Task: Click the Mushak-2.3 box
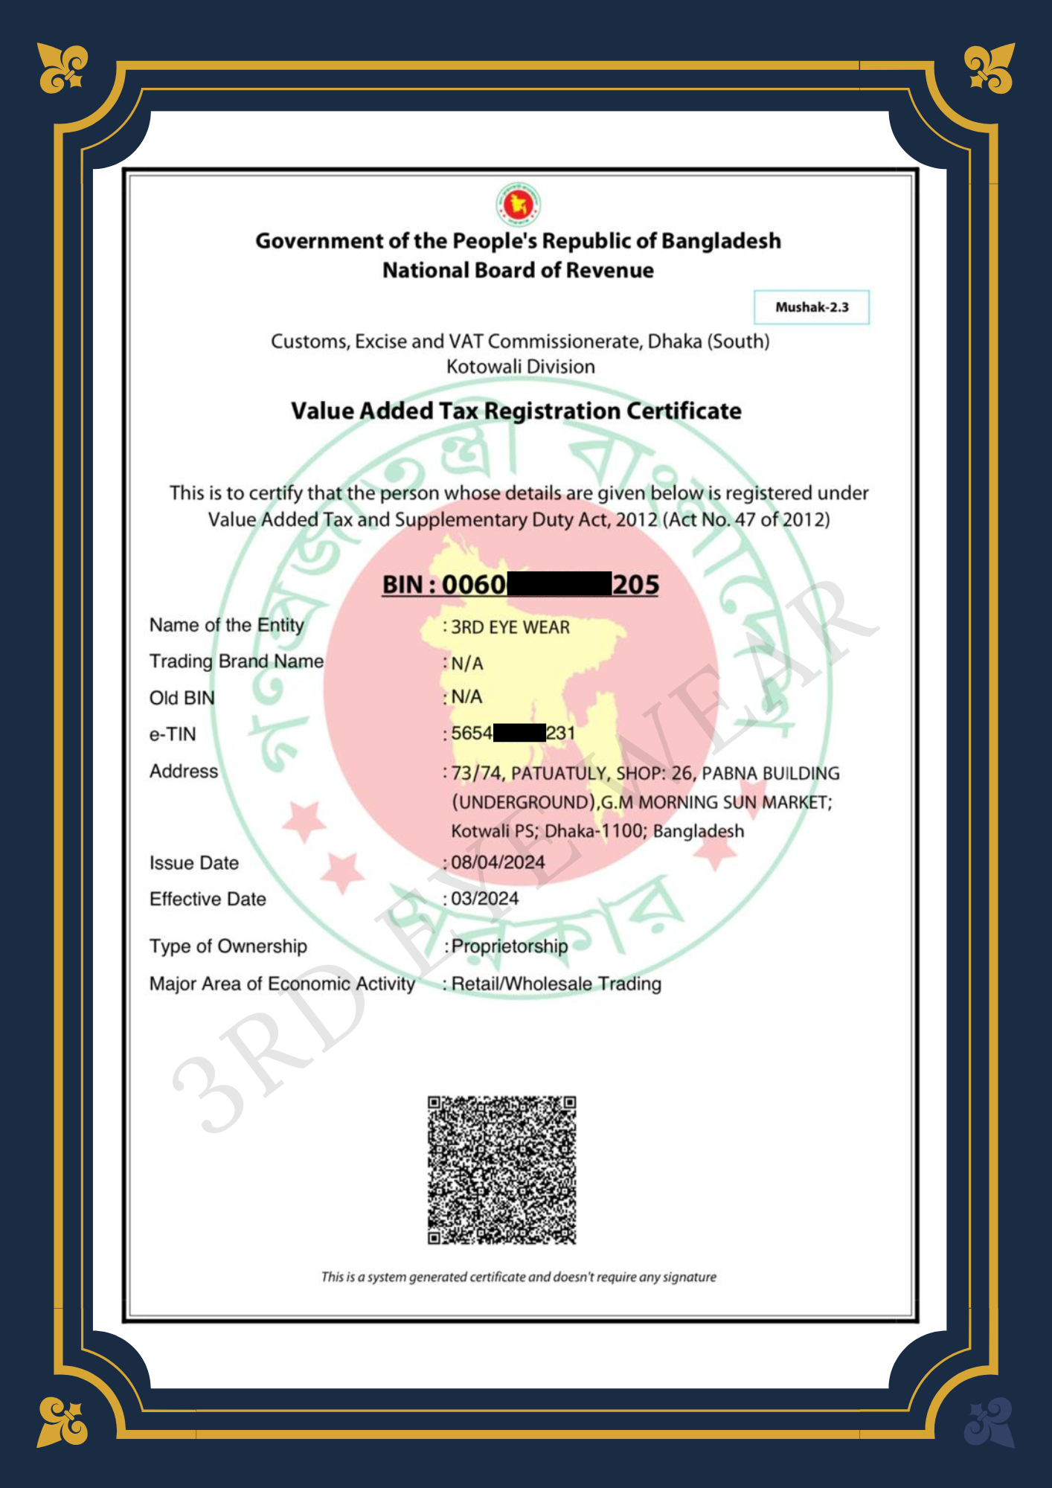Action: [x=811, y=307]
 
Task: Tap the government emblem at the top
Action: [x=519, y=204]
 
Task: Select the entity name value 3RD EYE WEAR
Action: [x=510, y=627]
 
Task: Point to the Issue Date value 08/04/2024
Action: [x=498, y=862]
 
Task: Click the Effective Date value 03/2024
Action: [x=484, y=899]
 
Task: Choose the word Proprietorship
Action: [x=510, y=946]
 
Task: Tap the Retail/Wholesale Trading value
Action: [x=556, y=984]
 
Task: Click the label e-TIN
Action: [x=173, y=734]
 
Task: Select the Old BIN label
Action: [x=182, y=698]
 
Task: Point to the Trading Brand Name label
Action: [x=237, y=661]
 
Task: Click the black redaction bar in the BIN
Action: [x=559, y=584]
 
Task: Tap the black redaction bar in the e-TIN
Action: [x=519, y=733]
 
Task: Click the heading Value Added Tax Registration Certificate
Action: [x=516, y=411]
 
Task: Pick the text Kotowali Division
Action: [x=520, y=366]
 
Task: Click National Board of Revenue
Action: [x=518, y=270]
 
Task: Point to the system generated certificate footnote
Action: [x=519, y=1277]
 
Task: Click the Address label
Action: [x=184, y=771]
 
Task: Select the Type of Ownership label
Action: [x=228, y=946]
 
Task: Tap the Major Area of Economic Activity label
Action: [x=282, y=984]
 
